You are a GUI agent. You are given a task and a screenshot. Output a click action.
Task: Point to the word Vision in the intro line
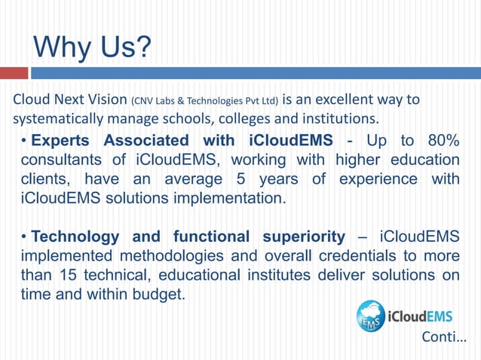[105, 100]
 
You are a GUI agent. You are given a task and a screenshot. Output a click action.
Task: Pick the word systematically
[58, 120]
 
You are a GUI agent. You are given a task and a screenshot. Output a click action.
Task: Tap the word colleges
[238, 120]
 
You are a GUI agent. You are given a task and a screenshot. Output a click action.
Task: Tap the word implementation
[237, 200]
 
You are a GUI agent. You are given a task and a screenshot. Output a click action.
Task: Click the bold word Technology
[75, 236]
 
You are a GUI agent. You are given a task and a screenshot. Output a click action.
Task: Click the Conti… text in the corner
[445, 338]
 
